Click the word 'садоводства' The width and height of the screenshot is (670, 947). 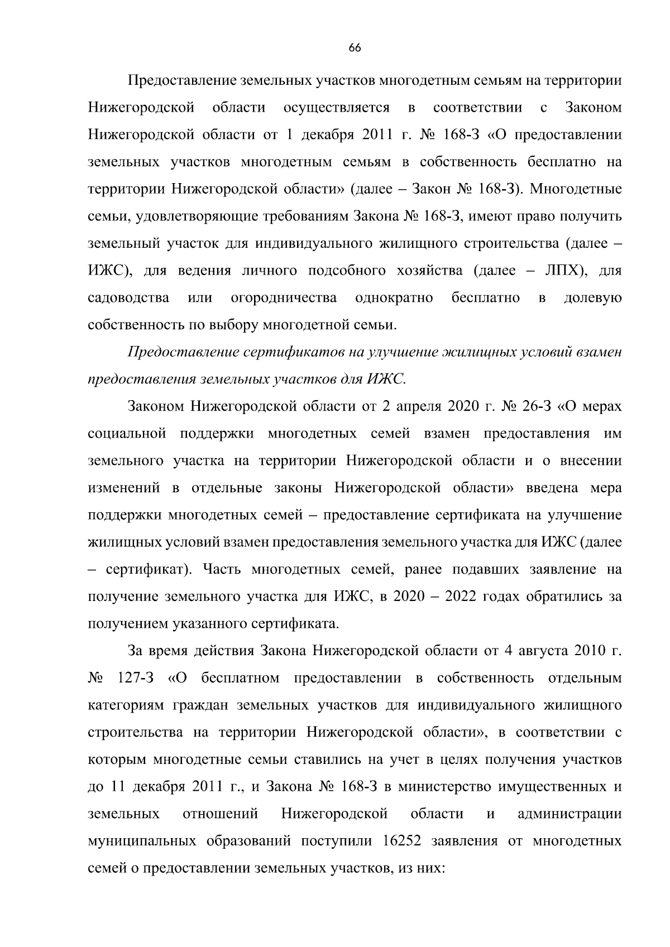[x=129, y=298]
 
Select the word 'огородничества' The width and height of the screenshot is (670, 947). [x=284, y=298]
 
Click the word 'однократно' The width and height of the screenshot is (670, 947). [x=394, y=298]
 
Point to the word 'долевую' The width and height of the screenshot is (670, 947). [x=593, y=298]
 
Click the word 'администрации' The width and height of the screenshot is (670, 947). [x=569, y=814]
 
